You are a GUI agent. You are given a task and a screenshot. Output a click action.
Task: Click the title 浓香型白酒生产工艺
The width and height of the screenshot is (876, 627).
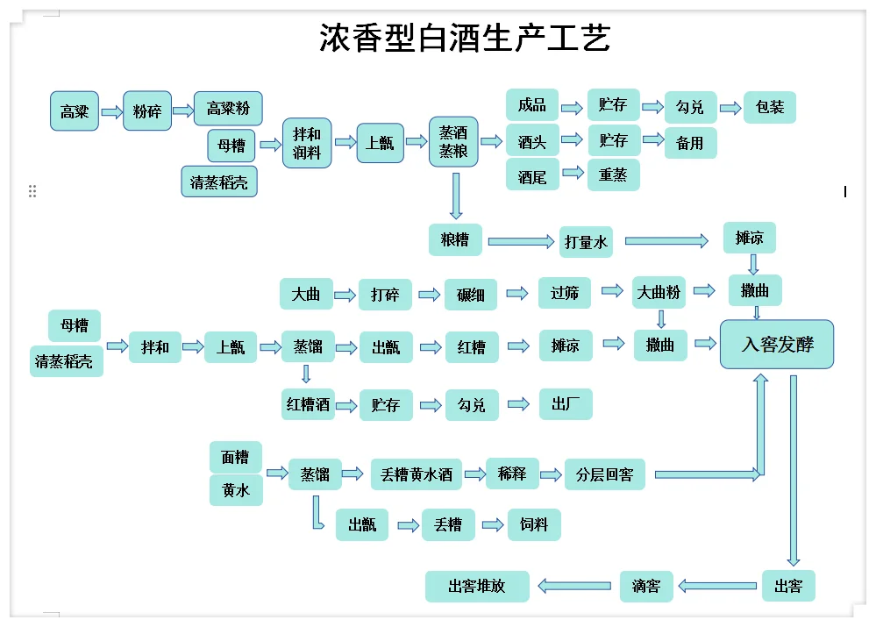coord(464,39)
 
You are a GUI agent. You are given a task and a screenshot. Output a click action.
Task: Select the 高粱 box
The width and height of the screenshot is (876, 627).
coord(75,111)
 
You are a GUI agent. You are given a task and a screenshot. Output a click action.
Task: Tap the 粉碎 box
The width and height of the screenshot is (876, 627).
coord(146,111)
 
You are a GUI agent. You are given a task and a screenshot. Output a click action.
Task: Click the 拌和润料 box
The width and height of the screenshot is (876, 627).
coord(307,143)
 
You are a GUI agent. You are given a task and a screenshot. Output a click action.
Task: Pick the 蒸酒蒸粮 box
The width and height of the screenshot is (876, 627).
coord(453,142)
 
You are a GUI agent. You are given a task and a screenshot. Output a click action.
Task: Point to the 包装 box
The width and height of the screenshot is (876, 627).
coord(770,107)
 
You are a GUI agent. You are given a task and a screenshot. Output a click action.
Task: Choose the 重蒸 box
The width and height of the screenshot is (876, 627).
coord(613,175)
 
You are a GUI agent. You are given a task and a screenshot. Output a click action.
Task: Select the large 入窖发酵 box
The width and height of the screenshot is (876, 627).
coord(777,344)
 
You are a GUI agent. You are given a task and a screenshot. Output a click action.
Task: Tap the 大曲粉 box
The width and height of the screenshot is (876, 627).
coord(659,292)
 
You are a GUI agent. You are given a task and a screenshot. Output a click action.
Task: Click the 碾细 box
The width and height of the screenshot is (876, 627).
coord(471,295)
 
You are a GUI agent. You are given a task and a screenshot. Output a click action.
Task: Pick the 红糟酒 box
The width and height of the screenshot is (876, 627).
coord(308,404)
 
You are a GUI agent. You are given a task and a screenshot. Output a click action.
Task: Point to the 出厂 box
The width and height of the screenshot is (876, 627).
coord(566,403)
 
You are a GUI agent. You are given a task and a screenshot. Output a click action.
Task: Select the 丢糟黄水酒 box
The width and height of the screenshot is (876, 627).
coord(416,474)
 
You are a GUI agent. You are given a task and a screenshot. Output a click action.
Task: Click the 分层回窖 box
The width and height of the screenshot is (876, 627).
coord(604,474)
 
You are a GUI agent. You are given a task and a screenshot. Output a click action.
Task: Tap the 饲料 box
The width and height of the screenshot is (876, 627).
coord(533,524)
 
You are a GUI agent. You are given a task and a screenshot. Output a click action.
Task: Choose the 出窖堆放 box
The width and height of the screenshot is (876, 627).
coord(477,586)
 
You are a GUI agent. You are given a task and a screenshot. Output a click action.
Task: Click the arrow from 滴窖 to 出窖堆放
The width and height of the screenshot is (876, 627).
coord(574,585)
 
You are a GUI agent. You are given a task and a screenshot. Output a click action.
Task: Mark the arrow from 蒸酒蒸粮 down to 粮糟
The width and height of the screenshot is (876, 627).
coord(455,196)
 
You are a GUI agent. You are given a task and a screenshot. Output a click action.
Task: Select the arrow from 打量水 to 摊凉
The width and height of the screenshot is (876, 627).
coord(666,240)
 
